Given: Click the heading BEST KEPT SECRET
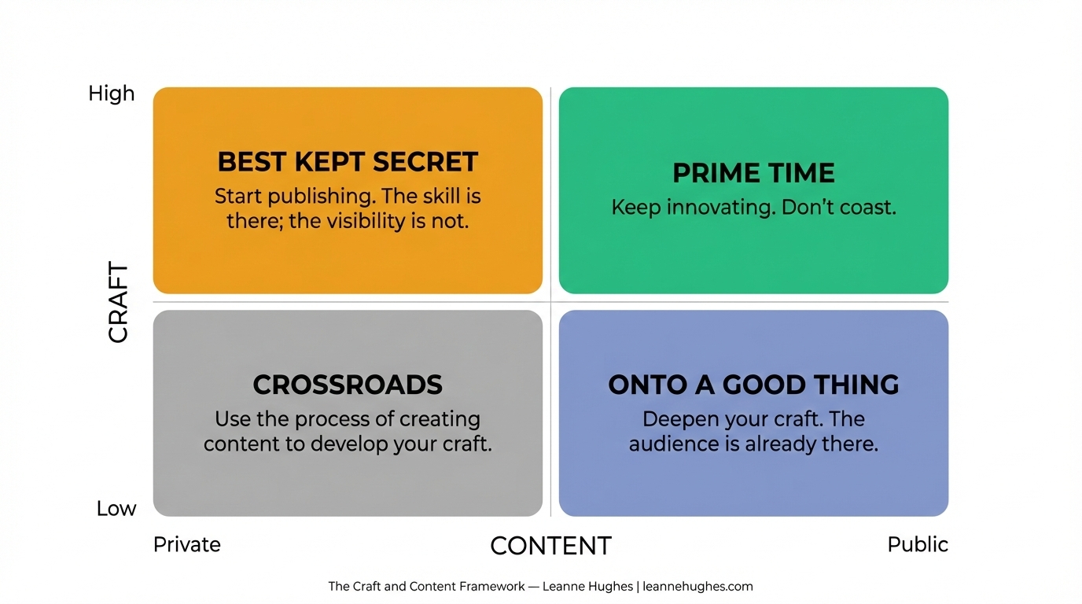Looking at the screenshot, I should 348,162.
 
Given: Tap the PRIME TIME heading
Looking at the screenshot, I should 753,173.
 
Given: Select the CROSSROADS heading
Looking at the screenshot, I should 348,385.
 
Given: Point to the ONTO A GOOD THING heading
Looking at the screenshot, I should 753,385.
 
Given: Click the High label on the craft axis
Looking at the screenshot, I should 112,94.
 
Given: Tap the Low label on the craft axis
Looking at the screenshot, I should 116,509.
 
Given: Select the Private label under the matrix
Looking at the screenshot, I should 187,544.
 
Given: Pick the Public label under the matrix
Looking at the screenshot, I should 918,544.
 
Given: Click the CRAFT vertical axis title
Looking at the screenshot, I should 118,302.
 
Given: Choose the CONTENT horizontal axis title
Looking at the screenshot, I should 550,546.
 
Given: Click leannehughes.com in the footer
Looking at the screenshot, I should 697,587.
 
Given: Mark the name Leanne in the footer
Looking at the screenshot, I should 563,587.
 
